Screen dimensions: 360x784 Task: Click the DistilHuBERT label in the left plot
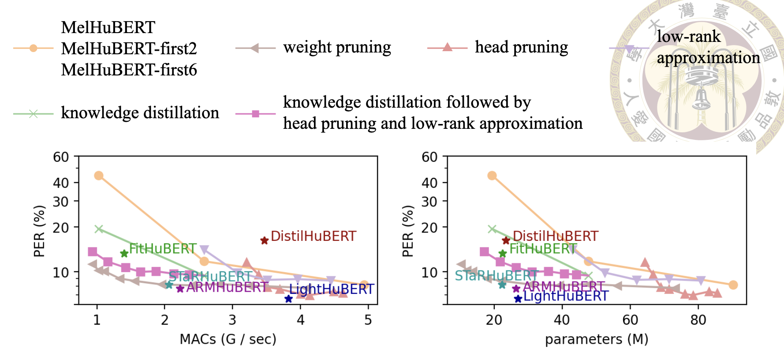tap(313, 236)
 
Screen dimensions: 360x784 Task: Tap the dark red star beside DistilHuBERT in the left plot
tap(264, 240)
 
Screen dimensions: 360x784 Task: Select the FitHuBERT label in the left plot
tap(162, 249)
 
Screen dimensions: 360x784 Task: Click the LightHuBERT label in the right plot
tap(566, 296)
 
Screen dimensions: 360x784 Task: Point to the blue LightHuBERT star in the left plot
tap(288, 299)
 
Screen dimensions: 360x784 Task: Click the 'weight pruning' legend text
tap(337, 48)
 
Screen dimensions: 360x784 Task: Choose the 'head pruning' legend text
tap(521, 47)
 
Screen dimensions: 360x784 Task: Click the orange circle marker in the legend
tap(33, 48)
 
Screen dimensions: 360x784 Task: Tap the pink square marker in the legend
tap(255, 114)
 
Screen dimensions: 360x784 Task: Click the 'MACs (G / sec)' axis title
tap(228, 339)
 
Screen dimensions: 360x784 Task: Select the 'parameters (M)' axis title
tap(597, 339)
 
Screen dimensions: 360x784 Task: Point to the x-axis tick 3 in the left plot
tap(232, 320)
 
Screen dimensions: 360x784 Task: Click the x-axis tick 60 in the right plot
tap(630, 320)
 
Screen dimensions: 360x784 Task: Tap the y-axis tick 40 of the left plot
tap(61, 183)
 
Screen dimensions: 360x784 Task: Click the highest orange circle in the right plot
tap(492, 176)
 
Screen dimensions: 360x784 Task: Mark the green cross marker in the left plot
tap(99, 229)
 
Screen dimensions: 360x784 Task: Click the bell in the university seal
tap(700, 98)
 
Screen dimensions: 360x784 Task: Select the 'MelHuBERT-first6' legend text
tap(129, 70)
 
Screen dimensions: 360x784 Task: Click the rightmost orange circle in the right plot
tap(733, 285)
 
